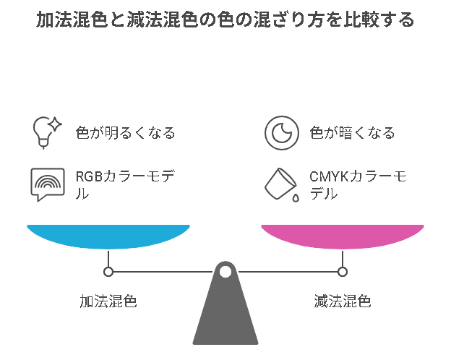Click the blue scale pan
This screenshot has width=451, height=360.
pyautogui.click(x=108, y=236)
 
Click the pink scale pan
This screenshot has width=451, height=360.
pyautogui.click(x=342, y=236)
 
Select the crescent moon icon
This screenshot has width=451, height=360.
pyautogui.click(x=280, y=132)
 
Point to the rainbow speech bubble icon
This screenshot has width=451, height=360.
pyautogui.click(x=47, y=184)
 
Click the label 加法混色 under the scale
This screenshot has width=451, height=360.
pyautogui.click(x=108, y=301)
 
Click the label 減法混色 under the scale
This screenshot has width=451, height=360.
pyautogui.click(x=343, y=301)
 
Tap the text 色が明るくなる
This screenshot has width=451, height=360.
pyautogui.click(x=125, y=133)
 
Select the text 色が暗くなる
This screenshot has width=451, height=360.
pyautogui.click(x=352, y=133)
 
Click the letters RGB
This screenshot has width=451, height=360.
pyautogui.click(x=90, y=177)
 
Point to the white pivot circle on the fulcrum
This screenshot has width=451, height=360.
pyautogui.click(x=225, y=272)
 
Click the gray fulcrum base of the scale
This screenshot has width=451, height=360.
pyautogui.click(x=225, y=318)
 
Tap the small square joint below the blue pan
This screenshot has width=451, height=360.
pyautogui.click(x=108, y=272)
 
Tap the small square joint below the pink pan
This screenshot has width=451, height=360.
pyautogui.click(x=343, y=272)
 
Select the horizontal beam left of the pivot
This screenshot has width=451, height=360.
pyautogui.click(x=163, y=272)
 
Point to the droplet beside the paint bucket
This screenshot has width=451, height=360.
pyautogui.click(x=295, y=197)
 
